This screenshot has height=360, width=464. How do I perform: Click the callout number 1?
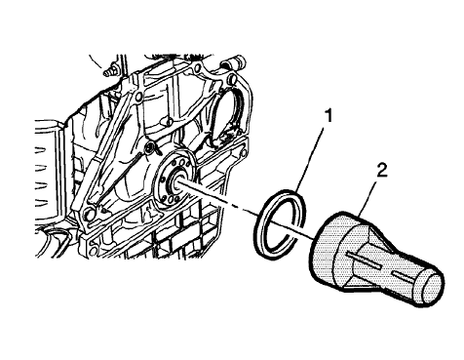(329, 116)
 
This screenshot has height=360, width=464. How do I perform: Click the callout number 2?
(382, 171)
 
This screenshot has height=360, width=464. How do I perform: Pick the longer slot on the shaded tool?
(364, 260)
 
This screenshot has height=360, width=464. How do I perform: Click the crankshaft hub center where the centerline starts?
(178, 182)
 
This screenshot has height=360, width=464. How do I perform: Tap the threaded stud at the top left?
(109, 71)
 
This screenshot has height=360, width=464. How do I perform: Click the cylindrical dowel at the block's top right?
(233, 62)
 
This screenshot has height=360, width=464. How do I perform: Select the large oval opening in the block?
(226, 117)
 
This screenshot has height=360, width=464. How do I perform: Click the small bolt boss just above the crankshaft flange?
(150, 147)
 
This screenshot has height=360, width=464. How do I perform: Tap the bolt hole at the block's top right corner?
(231, 78)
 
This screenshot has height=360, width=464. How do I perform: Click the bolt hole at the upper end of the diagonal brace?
(139, 97)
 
